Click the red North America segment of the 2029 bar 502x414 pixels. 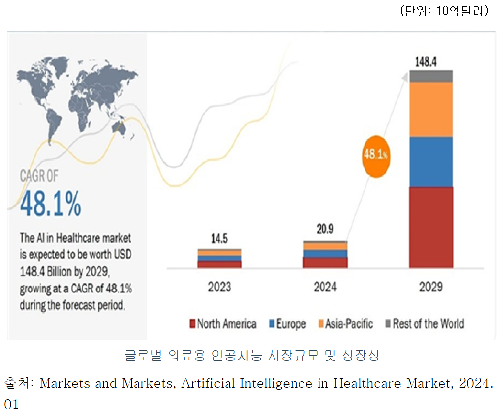[x=430, y=227]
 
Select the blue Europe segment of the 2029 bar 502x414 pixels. [x=430, y=162]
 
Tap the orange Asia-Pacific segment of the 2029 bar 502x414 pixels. [x=430, y=109]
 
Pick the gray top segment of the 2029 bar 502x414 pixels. [x=430, y=76]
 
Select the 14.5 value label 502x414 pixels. [x=219, y=240]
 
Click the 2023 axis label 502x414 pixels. [x=219, y=287]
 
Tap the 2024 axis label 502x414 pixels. [x=325, y=287]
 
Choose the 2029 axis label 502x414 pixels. [x=430, y=287]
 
